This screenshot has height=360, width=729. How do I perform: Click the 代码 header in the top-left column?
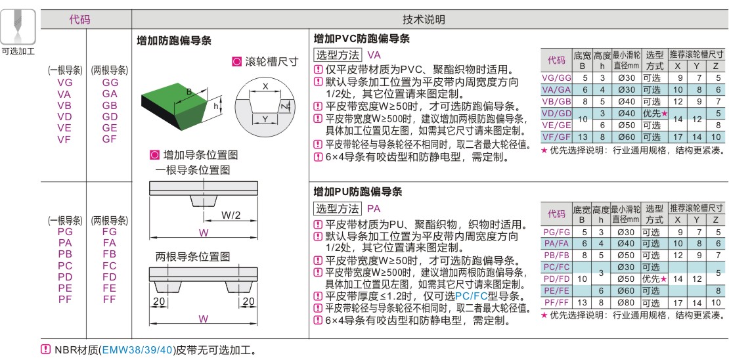[79, 20]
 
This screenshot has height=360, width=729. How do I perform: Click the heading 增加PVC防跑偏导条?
[362, 39]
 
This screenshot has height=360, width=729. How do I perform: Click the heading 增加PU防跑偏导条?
[358, 192]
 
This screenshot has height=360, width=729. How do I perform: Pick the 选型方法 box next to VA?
[338, 55]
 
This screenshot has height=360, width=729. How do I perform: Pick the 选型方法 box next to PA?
[338, 209]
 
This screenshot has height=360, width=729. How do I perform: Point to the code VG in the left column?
[64, 83]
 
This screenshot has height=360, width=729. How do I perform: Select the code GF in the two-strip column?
[110, 139]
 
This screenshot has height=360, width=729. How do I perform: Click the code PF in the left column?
[64, 299]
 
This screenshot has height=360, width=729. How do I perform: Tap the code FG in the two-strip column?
[110, 232]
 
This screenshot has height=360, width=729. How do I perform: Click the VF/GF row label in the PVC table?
[556, 137]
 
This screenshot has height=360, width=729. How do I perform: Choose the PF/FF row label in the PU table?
[556, 302]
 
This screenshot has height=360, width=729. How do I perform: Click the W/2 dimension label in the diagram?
[231, 215]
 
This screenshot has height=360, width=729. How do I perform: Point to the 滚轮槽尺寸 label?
[271, 62]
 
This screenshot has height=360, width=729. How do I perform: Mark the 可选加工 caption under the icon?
[18, 51]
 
